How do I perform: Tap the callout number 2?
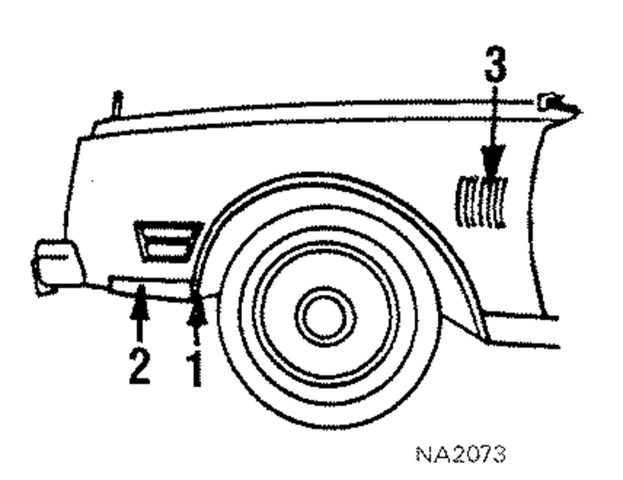[139, 367]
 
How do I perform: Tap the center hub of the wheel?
[325, 318]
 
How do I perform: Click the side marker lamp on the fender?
[167, 242]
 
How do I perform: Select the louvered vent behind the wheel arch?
[482, 202]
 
